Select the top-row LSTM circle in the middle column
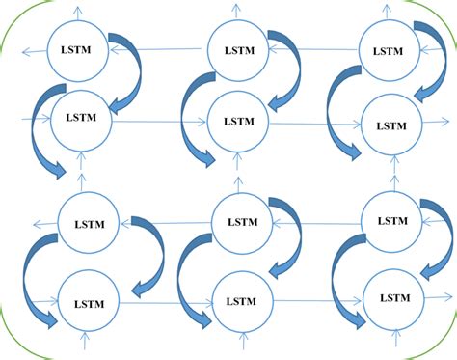(x=236, y=47)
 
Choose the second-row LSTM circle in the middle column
(x=236, y=123)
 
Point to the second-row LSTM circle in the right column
(x=391, y=125)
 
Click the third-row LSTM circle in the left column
(x=88, y=223)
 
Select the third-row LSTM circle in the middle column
(x=239, y=223)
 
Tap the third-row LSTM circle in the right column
(x=391, y=221)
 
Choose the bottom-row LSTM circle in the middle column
(x=239, y=299)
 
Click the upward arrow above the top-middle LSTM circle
(x=236, y=10)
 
